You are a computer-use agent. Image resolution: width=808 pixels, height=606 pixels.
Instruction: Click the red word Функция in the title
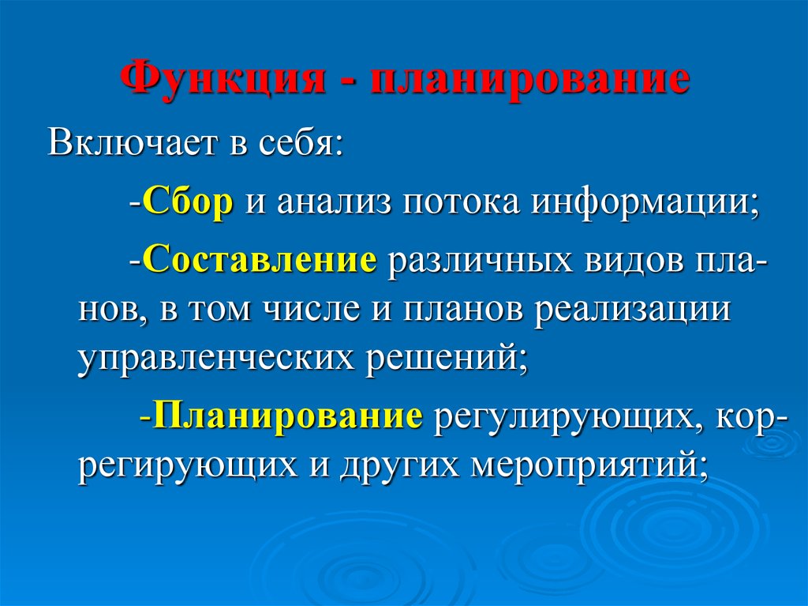[x=223, y=80]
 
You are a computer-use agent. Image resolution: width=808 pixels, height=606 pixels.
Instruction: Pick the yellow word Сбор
[x=188, y=201]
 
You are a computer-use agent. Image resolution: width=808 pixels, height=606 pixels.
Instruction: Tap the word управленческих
[x=216, y=358]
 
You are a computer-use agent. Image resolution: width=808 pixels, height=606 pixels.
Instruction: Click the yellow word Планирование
[x=287, y=416]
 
